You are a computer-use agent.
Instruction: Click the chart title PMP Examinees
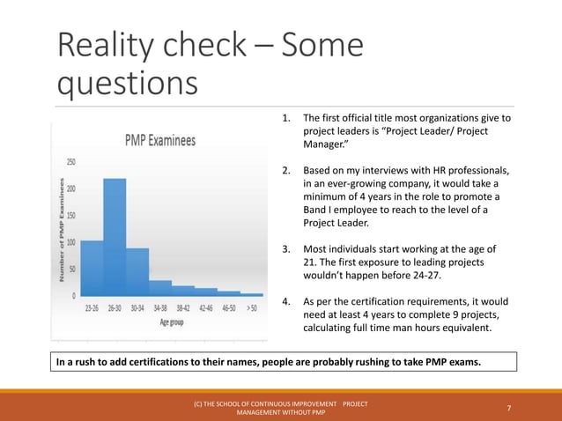coord(159,140)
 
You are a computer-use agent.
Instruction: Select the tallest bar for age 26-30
coord(115,237)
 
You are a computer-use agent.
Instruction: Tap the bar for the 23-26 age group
coord(92,268)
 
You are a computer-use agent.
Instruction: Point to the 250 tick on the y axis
coord(70,162)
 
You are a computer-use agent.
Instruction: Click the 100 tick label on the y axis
coord(70,242)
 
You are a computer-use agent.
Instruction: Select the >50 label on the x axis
coord(252,309)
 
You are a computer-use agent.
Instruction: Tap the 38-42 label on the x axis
coord(183,309)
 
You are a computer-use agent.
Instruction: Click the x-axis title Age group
coord(172,322)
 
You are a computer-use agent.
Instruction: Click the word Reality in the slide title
coord(107,46)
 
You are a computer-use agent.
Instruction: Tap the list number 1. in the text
coord(286,118)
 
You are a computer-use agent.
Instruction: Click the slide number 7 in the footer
coord(510,408)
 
